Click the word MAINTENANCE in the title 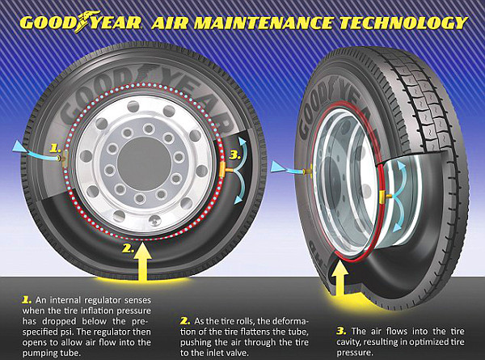pos(262,23)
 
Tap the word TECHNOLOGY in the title pos(403,23)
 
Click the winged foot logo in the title pos(88,20)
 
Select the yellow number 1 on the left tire pos(55,149)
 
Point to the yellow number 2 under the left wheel pos(128,248)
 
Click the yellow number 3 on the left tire pos(235,155)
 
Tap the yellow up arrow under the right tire pos(339,277)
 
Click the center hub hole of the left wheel pos(145,163)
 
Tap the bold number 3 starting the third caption pos(341,331)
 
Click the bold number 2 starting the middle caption pos(185,320)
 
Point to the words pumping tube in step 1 pos(52,354)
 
